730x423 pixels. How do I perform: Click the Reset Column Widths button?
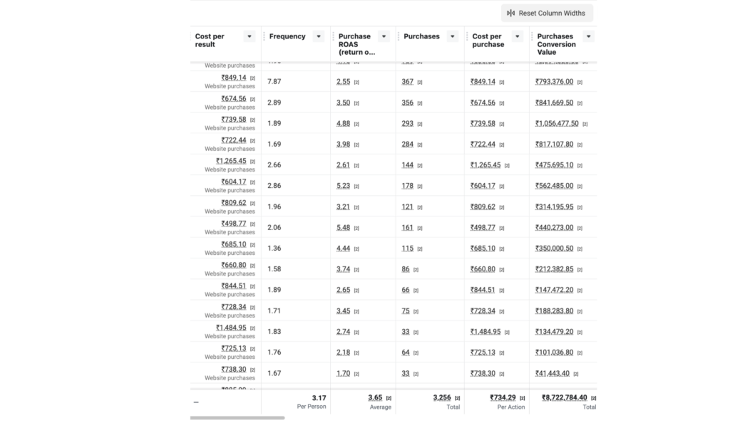click(547, 13)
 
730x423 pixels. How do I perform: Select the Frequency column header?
click(287, 36)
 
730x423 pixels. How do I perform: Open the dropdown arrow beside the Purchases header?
click(453, 36)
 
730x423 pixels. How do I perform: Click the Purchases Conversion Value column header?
click(556, 43)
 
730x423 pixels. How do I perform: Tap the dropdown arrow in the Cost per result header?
click(249, 36)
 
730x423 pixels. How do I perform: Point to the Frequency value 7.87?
click(274, 82)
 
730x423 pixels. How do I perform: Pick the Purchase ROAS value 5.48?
click(343, 227)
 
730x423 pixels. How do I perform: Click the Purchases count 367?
click(407, 82)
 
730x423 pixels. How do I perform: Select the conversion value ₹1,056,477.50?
click(557, 123)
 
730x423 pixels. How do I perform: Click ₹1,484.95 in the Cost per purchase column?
click(485, 331)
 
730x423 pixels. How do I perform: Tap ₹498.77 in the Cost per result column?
click(234, 224)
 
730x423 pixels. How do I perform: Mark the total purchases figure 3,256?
click(442, 397)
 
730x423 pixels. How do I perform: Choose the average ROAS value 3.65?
click(375, 397)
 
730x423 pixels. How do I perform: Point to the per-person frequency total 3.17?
click(319, 397)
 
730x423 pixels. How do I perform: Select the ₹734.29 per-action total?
click(503, 397)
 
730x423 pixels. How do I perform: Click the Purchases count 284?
click(407, 144)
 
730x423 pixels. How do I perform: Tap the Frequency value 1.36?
click(274, 248)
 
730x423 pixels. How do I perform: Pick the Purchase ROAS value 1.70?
click(343, 373)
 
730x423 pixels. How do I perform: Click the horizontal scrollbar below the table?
click(237, 418)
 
